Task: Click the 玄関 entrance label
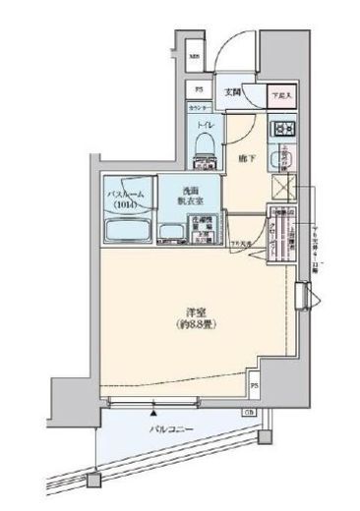tap(232, 92)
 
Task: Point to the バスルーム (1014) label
tap(127, 199)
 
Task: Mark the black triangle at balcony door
tap(156, 407)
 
